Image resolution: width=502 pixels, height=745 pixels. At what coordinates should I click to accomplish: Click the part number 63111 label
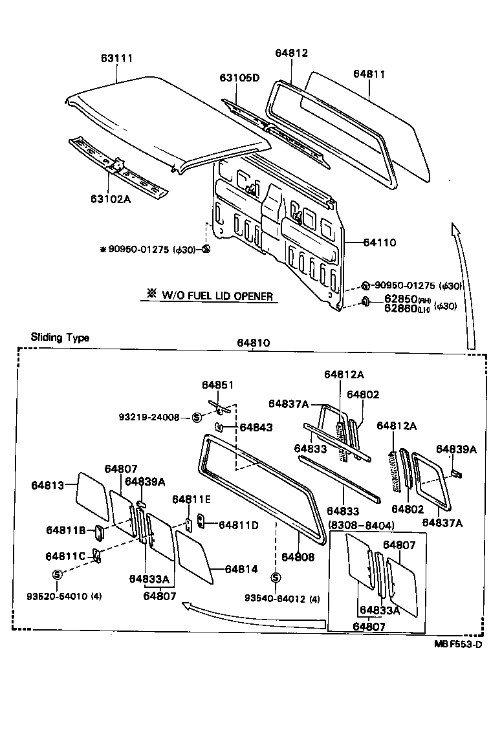(x=116, y=59)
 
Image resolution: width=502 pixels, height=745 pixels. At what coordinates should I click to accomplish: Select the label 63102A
(x=107, y=199)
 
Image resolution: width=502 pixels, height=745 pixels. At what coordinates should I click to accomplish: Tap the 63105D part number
(x=239, y=78)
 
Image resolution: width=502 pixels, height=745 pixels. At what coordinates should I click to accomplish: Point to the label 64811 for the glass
(x=369, y=74)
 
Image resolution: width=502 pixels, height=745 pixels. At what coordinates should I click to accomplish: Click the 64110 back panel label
(x=380, y=243)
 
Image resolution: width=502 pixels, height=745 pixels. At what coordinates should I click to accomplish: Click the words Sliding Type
(x=60, y=338)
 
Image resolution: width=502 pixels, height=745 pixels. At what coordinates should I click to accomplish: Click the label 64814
(x=241, y=569)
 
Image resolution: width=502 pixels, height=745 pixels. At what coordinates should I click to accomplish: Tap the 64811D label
(x=239, y=525)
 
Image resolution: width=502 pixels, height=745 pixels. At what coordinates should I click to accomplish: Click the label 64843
(x=256, y=427)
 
